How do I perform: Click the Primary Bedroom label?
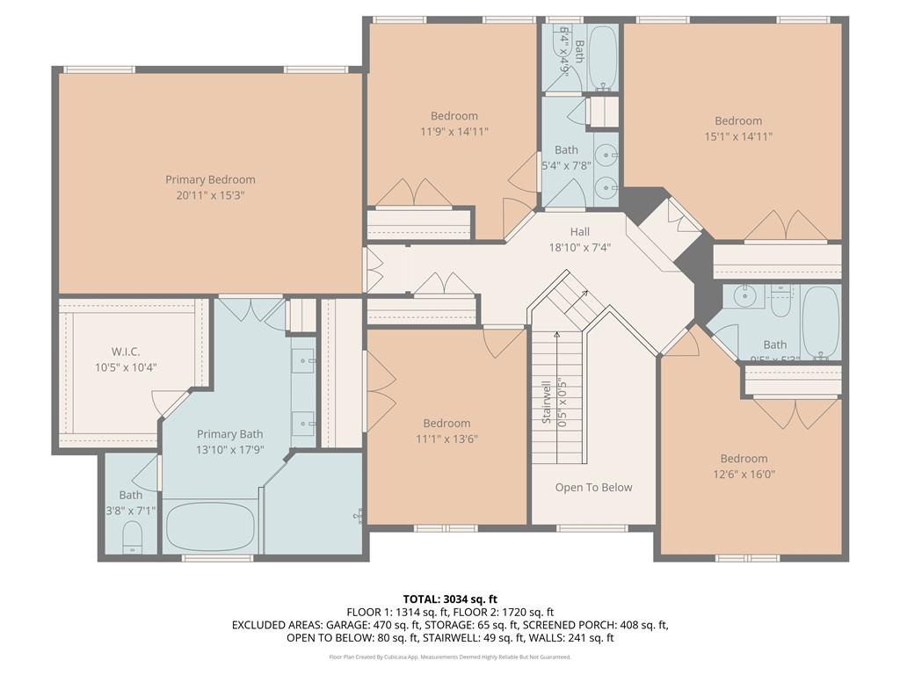pyautogui.click(x=210, y=179)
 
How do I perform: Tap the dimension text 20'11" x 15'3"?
pyautogui.click(x=210, y=195)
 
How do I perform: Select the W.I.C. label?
pyautogui.click(x=127, y=352)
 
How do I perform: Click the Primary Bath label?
pyautogui.click(x=229, y=434)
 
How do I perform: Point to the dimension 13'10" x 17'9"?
pyautogui.click(x=229, y=450)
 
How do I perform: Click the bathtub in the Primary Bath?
pyautogui.click(x=210, y=526)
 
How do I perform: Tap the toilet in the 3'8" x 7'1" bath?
pyautogui.click(x=132, y=537)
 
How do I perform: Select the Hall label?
pyautogui.click(x=579, y=231)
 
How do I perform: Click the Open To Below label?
pyautogui.click(x=593, y=488)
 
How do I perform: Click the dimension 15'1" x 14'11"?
pyautogui.click(x=738, y=136)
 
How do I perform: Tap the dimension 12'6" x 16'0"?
pyautogui.click(x=744, y=474)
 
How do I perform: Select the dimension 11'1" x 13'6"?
pyautogui.click(x=446, y=439)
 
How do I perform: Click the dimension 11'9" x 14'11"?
pyautogui.click(x=454, y=131)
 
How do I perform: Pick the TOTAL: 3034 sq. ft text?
pyautogui.click(x=450, y=599)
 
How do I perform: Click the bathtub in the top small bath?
pyautogui.click(x=603, y=57)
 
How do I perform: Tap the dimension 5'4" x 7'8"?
pyautogui.click(x=567, y=165)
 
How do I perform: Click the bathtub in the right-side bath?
pyautogui.click(x=821, y=322)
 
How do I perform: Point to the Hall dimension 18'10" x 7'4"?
pyautogui.click(x=579, y=247)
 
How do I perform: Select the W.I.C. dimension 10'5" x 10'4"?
pyautogui.click(x=127, y=367)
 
